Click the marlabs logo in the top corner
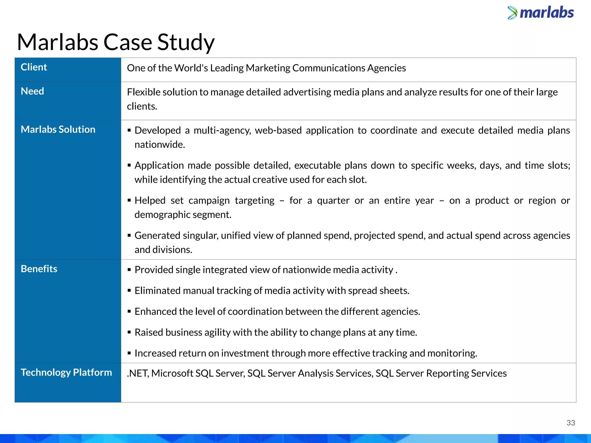[540, 13]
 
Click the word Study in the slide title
[186, 42]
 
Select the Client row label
[34, 67]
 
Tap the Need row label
[32, 91]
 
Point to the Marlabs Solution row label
[58, 129]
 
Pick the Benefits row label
[39, 269]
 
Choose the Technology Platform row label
[66, 372]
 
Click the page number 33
[571, 423]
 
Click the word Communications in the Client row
[329, 68]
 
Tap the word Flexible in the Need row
[143, 92]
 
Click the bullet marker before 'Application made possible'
[129, 166]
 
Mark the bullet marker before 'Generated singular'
[129, 236]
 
